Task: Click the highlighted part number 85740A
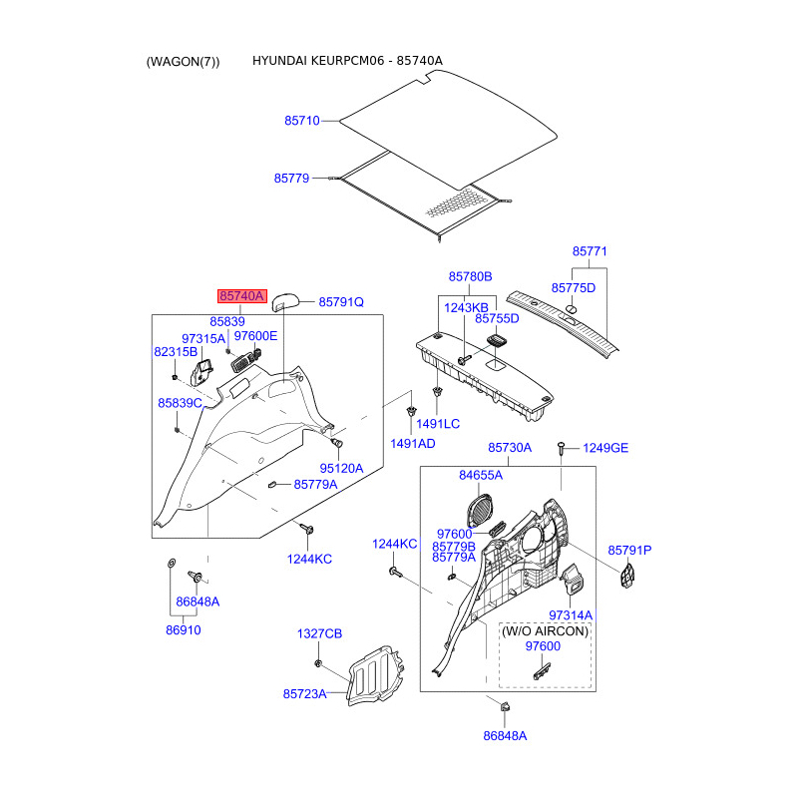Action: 242,296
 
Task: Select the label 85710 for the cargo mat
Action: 301,121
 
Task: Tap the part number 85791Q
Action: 341,301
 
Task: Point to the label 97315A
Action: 203,338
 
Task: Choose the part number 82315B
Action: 176,352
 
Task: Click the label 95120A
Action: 341,468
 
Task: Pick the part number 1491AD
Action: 412,443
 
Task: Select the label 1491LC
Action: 438,424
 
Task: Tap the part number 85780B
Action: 470,276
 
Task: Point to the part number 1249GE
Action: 605,448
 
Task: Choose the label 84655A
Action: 481,475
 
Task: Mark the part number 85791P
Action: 629,551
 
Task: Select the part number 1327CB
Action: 319,634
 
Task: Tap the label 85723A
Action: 304,693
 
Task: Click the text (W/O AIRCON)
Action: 545,631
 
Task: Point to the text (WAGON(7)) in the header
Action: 183,62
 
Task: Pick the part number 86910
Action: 183,631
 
